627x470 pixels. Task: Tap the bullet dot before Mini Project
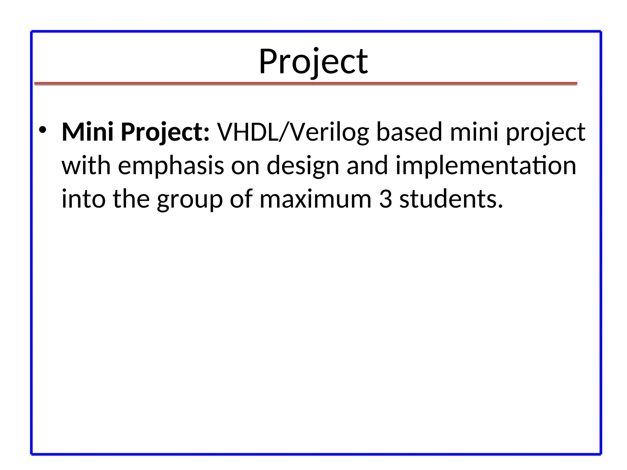(43, 130)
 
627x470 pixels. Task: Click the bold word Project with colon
(165, 132)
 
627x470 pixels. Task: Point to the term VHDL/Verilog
(293, 132)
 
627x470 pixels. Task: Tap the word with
(86, 165)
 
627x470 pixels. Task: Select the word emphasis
(171, 166)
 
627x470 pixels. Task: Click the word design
(303, 166)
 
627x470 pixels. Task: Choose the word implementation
(486, 166)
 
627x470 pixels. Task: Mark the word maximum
(315, 199)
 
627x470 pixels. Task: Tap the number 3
(385, 199)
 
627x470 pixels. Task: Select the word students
(451, 199)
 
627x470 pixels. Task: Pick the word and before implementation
(367, 165)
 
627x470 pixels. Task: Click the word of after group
(241, 199)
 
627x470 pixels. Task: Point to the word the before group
(131, 199)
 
